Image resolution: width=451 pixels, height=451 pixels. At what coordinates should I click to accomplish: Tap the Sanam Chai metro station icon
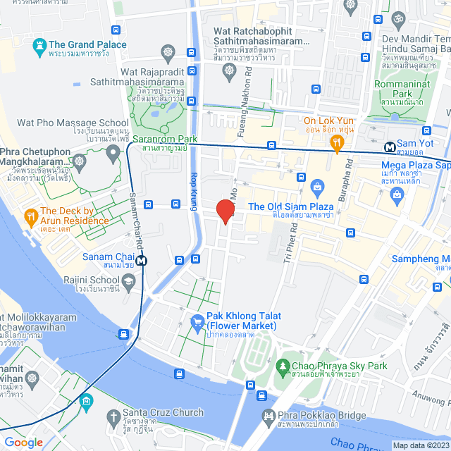click(142, 259)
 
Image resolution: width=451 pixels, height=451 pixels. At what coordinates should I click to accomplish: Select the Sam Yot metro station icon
click(389, 147)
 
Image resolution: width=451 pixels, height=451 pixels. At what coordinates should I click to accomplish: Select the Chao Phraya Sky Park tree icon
click(283, 366)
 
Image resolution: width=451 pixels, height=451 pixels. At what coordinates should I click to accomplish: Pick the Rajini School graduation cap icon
click(129, 283)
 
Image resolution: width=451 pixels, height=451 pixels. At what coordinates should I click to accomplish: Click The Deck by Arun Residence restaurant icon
click(31, 215)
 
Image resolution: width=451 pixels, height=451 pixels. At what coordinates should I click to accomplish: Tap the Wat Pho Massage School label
click(61, 123)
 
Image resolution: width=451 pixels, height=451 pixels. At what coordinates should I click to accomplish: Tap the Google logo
click(23, 442)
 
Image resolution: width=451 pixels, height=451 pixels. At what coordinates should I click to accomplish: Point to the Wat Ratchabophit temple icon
click(168, 51)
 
